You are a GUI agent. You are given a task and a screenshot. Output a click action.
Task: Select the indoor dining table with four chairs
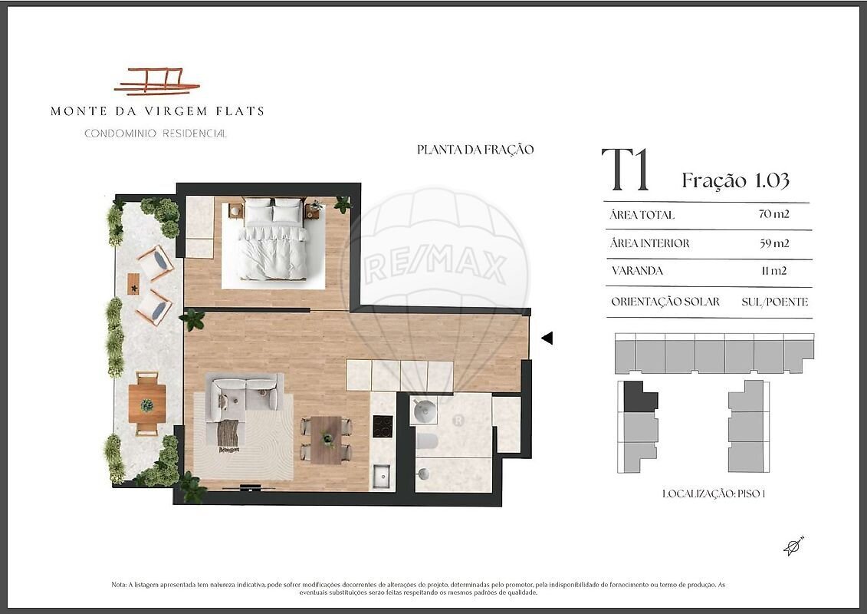click(327, 440)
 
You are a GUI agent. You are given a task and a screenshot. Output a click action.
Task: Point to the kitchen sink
click(382, 476)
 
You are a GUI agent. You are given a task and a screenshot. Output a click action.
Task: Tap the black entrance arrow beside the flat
click(547, 338)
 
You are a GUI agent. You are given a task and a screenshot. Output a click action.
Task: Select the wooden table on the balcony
click(147, 403)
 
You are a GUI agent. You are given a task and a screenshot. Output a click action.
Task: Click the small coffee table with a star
click(133, 285)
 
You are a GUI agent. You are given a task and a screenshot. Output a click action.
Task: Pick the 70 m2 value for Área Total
click(774, 214)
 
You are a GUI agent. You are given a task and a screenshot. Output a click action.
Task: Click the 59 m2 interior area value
click(774, 243)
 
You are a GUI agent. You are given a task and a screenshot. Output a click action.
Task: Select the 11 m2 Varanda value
click(773, 271)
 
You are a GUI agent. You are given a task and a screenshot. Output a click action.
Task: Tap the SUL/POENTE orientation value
click(775, 302)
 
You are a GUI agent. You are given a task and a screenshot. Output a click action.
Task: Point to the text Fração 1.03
click(735, 180)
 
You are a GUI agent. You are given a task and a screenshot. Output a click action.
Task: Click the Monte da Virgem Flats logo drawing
click(156, 81)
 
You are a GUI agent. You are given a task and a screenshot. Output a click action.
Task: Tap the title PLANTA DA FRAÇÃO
click(475, 150)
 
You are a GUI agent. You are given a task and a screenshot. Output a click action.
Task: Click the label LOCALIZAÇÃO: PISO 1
click(714, 494)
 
